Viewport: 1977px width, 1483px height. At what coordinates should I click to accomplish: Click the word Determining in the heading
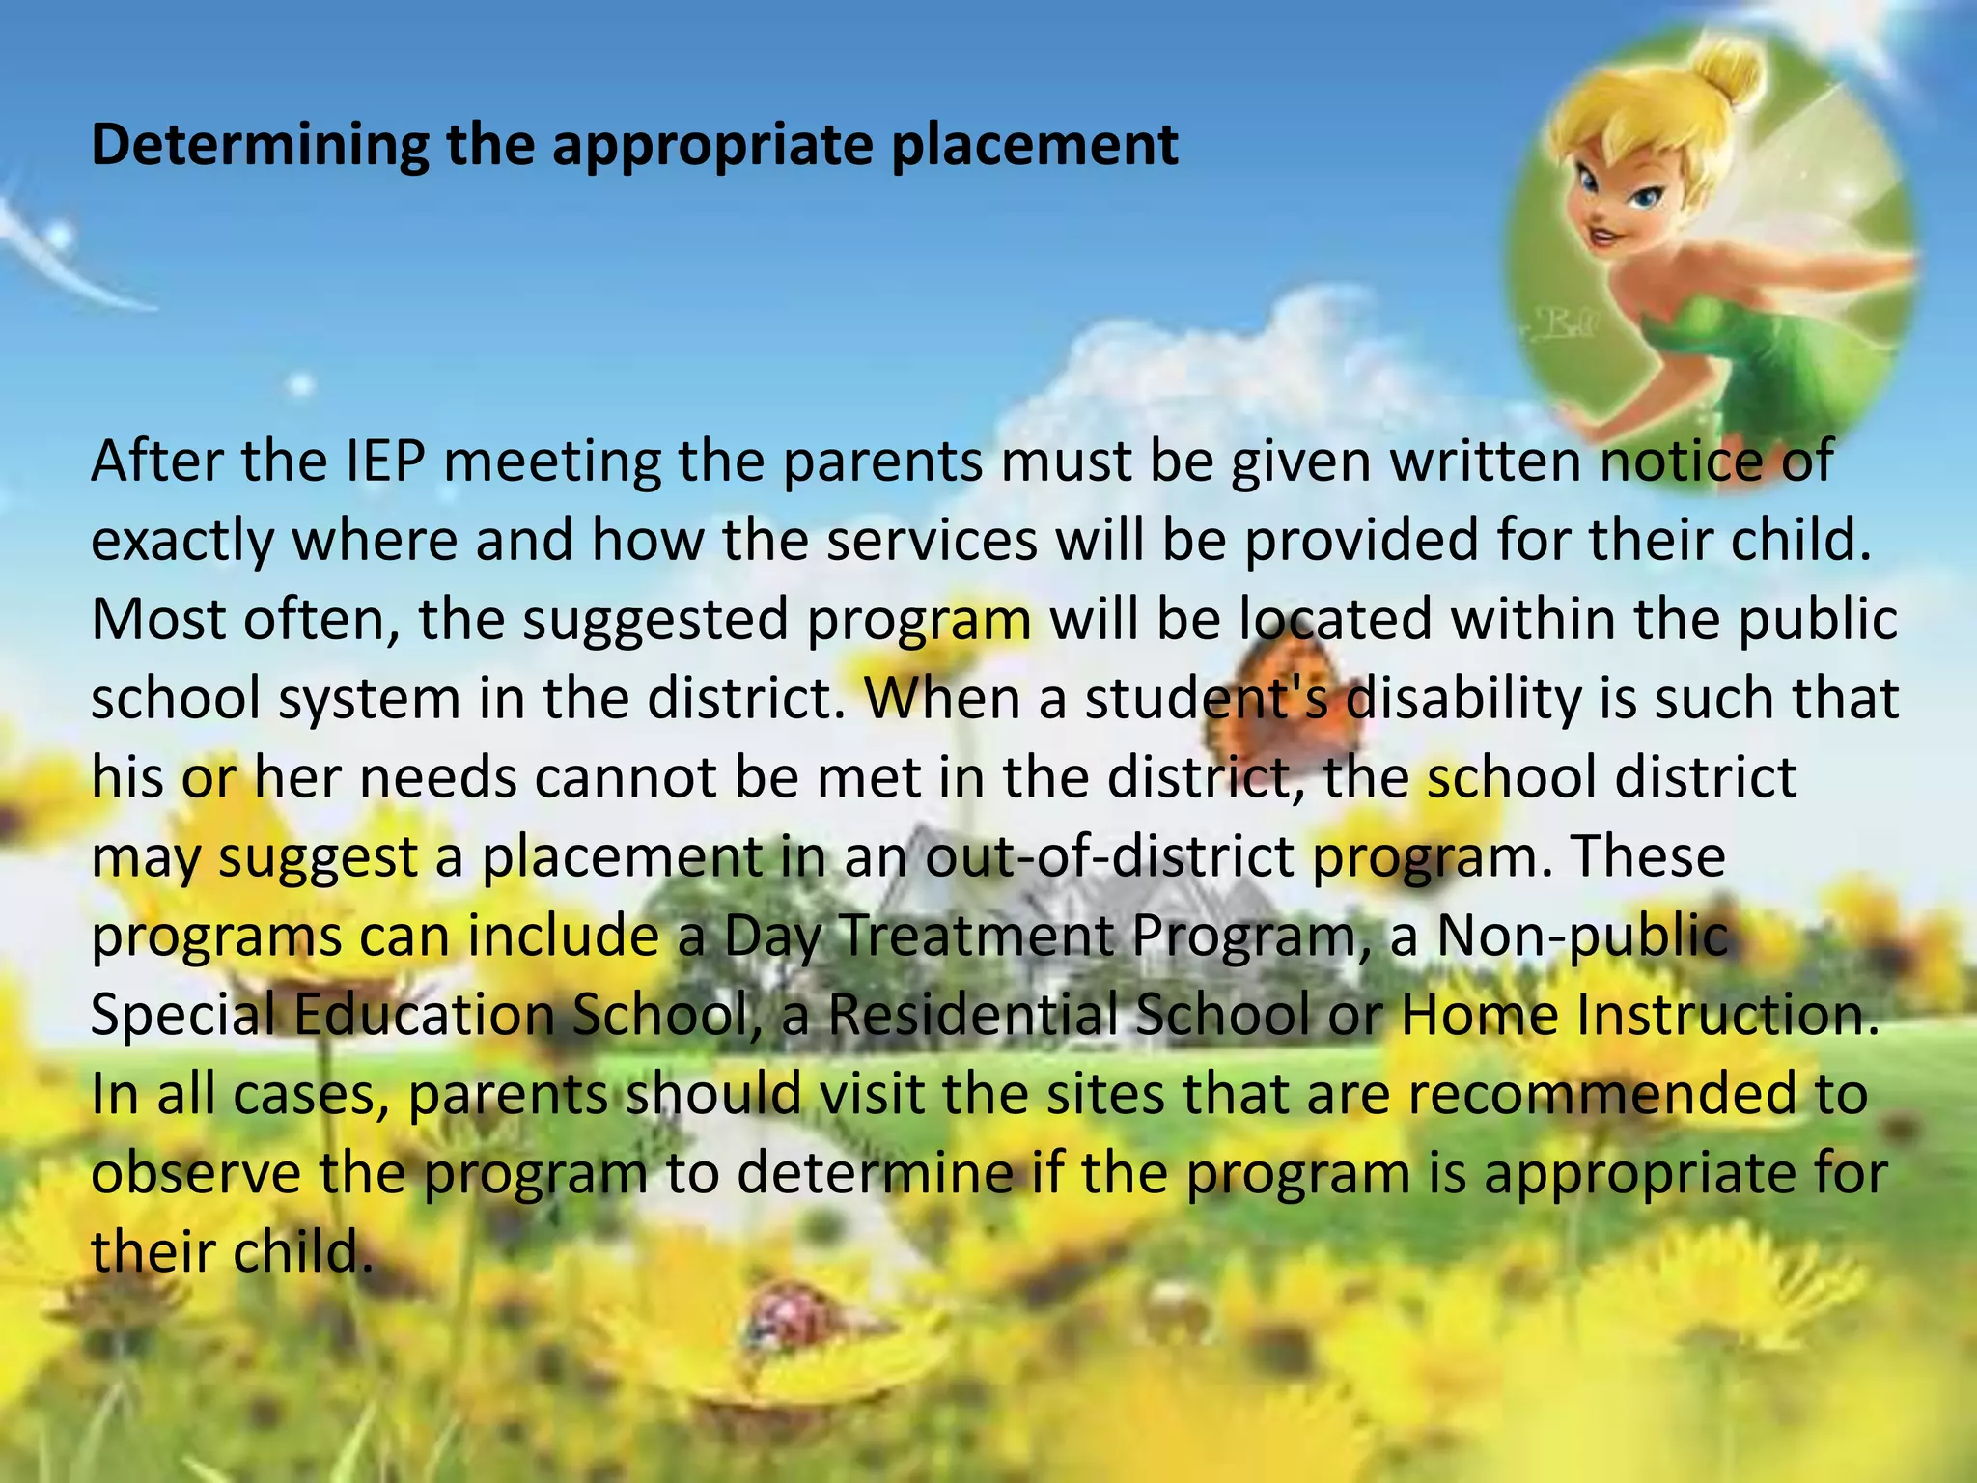[259, 145]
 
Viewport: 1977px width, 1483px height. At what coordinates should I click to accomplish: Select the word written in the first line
[1492, 461]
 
